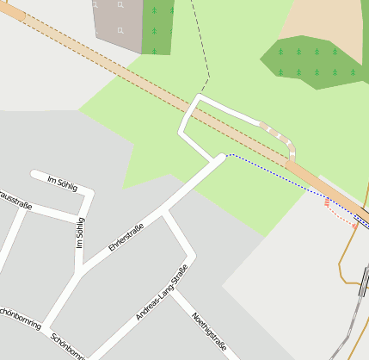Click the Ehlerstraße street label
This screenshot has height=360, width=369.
tap(126, 238)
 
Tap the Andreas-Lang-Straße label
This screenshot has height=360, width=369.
tap(162, 293)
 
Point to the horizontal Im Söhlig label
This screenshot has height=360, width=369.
tap(63, 183)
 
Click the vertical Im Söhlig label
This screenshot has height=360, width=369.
tap(81, 232)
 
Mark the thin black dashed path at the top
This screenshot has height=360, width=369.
tap(202, 43)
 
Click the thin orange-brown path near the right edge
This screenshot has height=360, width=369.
tap(346, 258)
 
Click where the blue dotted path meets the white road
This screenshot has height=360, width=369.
tap(225, 156)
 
